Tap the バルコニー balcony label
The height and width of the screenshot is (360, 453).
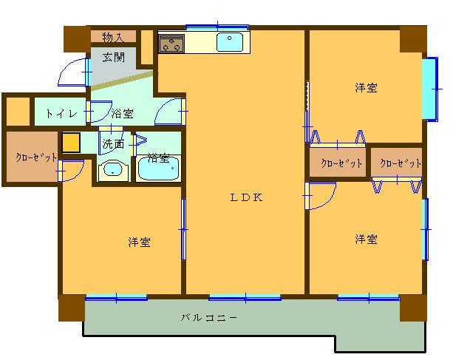[210, 318]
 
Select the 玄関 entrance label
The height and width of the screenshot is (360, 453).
[113, 56]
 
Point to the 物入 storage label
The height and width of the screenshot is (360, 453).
[112, 36]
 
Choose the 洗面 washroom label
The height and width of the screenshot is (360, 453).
[113, 143]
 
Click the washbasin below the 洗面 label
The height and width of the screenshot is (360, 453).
[113, 170]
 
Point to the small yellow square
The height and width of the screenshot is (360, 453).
[71, 142]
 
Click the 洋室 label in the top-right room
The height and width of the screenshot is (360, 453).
[365, 88]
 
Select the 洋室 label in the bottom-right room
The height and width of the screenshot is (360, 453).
[366, 239]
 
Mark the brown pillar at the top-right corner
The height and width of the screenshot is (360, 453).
[413, 38]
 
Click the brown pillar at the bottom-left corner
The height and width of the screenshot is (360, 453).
[72, 308]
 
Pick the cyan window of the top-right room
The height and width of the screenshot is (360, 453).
[429, 88]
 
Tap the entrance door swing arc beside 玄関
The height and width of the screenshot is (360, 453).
[74, 72]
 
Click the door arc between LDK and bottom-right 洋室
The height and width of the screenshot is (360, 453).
[319, 196]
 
